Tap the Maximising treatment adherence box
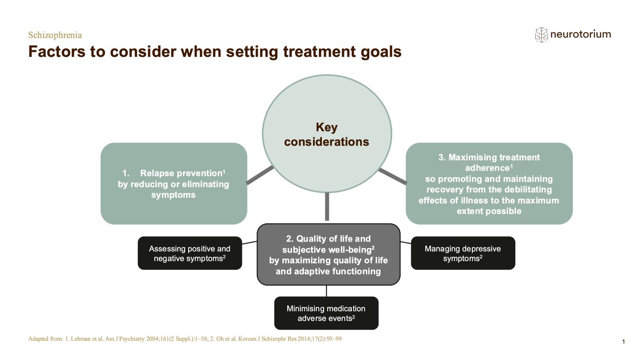(489, 184)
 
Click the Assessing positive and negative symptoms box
(190, 253)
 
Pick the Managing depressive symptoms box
(463, 253)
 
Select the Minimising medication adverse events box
(326, 313)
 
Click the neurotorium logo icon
(541, 35)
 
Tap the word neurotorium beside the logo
(580, 34)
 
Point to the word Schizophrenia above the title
(55, 35)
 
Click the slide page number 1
(623, 342)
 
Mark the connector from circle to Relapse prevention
(259, 175)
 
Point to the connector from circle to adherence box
(392, 176)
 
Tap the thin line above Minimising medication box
(326, 291)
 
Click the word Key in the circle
(327, 128)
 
